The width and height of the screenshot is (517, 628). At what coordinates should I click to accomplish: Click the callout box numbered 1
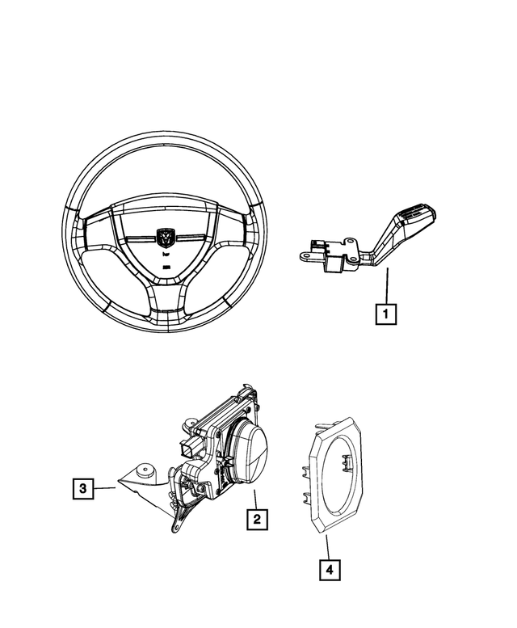click(386, 312)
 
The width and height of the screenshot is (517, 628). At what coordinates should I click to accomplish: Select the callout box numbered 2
click(256, 518)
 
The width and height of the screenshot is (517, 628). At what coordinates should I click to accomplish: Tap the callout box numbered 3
click(82, 487)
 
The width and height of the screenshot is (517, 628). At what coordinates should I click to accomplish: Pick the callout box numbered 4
click(329, 570)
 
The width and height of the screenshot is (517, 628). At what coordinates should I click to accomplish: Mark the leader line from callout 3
click(106, 487)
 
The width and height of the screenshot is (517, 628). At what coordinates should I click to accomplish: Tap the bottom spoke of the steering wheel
click(166, 297)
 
